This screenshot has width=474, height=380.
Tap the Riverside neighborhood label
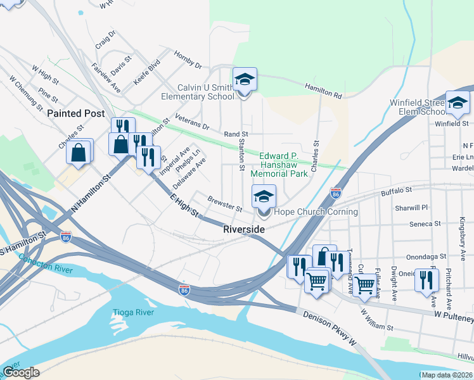(x=244, y=229)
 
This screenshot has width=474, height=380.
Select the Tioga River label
(x=133, y=313)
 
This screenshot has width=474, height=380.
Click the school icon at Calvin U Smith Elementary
(x=245, y=80)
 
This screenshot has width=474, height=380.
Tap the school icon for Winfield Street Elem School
(x=458, y=103)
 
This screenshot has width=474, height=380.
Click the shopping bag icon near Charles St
(x=79, y=152)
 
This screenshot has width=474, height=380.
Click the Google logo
(x=21, y=372)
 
